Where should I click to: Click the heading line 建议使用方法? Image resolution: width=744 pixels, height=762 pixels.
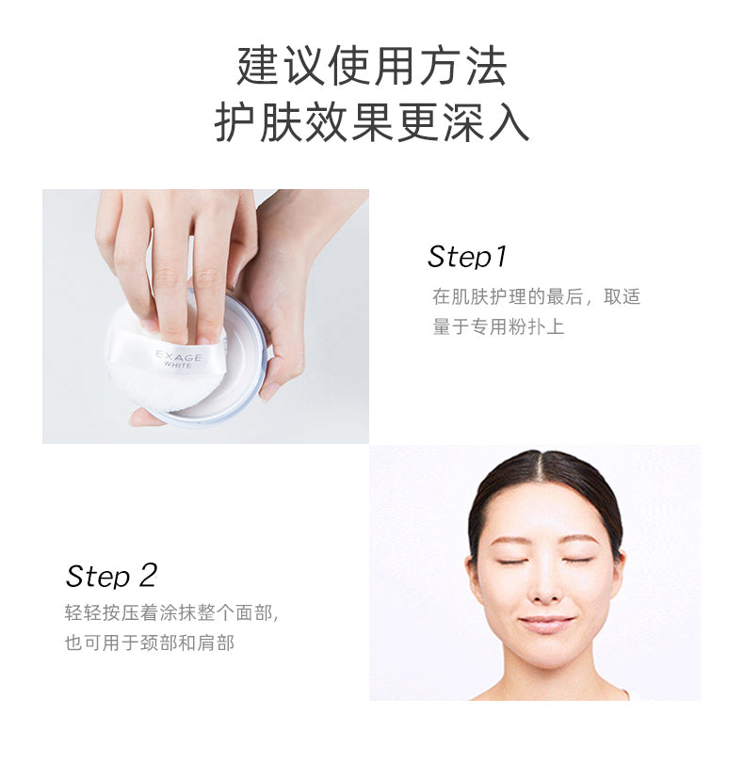[372, 66]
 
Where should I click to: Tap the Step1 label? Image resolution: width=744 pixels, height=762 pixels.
[467, 257]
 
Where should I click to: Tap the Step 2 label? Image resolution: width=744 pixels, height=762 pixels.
[111, 576]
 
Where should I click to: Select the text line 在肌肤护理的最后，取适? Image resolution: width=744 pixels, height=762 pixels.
[536, 296]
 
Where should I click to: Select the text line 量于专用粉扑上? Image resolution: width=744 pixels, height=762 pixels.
[498, 326]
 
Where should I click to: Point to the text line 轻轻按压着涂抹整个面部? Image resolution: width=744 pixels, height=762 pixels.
[171, 612]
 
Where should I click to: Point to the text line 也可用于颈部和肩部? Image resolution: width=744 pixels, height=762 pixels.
[150, 643]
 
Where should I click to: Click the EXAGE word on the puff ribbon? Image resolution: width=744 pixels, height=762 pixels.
[179, 356]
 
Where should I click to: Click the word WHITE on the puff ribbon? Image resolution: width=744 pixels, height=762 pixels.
[178, 364]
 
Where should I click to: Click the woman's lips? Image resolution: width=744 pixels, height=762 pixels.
[546, 624]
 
